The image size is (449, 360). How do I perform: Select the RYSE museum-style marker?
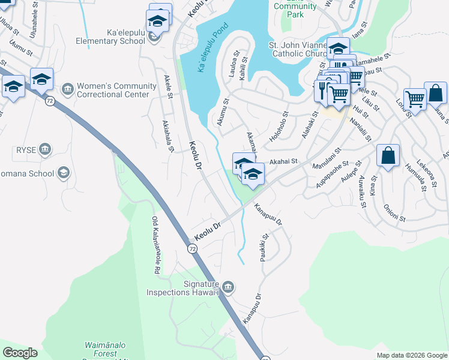[44, 149]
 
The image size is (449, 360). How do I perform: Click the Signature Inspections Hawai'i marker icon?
[228, 286]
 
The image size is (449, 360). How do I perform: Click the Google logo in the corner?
[20, 353]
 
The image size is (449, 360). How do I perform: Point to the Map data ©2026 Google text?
[411, 355]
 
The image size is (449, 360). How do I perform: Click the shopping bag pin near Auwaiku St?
[388, 156]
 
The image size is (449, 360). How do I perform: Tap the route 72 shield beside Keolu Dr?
[192, 248]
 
